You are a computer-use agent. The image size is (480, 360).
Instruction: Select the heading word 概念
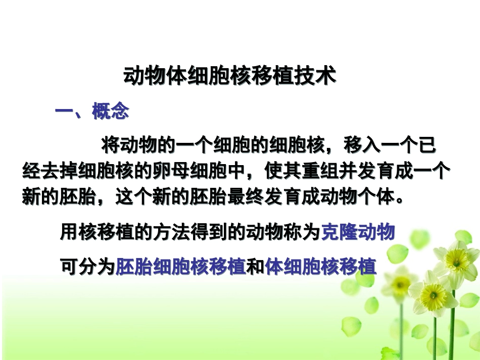tap(110, 111)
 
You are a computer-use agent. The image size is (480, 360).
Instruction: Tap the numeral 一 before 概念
tap(64, 111)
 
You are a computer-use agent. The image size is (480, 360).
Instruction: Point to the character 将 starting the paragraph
tap(110, 146)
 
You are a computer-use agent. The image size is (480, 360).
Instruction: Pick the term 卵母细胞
tap(191, 172)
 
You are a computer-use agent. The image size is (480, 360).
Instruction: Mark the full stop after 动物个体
tap(400, 198)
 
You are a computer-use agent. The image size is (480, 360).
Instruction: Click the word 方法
tap(171, 233)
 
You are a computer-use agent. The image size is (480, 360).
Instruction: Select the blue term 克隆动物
tap(358, 233)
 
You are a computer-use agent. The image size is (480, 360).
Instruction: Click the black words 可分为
tap(87, 266)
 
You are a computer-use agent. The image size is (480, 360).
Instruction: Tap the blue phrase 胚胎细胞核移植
tap(180, 266)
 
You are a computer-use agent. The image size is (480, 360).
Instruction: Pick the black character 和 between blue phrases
tap(255, 266)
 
